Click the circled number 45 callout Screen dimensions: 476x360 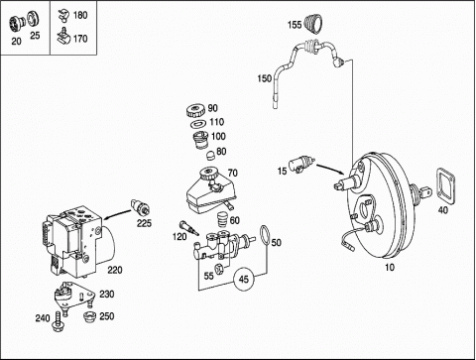pyautogui.click(x=244, y=280)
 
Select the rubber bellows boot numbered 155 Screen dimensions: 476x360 pyautogui.click(x=313, y=24)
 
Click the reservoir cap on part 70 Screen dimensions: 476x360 pyautogui.click(x=207, y=174)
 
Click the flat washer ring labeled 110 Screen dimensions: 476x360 pyautogui.click(x=198, y=124)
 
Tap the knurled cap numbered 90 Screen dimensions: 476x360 pyautogui.click(x=196, y=110)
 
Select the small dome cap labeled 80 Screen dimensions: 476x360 pyautogui.click(x=210, y=155)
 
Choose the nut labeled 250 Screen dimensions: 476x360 pyautogui.click(x=89, y=316)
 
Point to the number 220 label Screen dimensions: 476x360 pyautogui.click(x=115, y=270)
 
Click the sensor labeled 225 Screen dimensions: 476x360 pyautogui.click(x=141, y=207)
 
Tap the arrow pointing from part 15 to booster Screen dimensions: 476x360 pyautogui.click(x=330, y=169)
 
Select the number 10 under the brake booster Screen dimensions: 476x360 pyautogui.click(x=390, y=267)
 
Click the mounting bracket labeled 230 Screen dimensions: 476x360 pyautogui.click(x=73, y=296)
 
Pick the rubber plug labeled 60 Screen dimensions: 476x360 pyautogui.click(x=223, y=219)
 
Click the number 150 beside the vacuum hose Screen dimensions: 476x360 pyautogui.click(x=265, y=78)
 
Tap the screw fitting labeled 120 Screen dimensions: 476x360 pyautogui.click(x=188, y=227)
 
